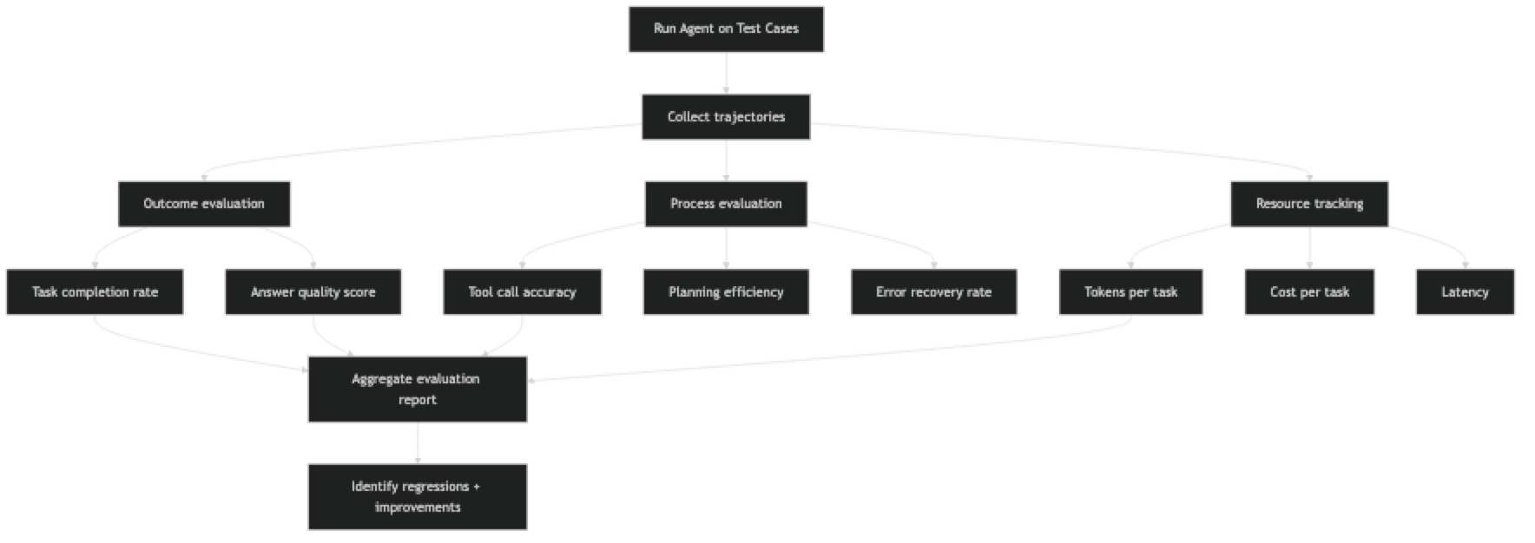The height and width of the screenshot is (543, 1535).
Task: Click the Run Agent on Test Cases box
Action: click(726, 29)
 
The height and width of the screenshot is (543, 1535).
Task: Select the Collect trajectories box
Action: click(726, 117)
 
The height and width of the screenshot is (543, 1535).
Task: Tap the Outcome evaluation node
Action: click(204, 204)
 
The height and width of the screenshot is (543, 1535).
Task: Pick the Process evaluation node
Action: click(726, 204)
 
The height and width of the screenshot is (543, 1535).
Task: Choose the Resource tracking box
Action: click(1309, 204)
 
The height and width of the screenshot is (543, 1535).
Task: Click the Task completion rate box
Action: click(95, 292)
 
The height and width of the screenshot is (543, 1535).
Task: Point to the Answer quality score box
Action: click(313, 292)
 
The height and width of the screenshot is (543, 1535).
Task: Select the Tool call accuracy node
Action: click(523, 292)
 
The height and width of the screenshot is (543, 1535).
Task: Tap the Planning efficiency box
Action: click(726, 292)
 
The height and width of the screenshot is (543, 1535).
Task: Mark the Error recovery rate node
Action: click(933, 292)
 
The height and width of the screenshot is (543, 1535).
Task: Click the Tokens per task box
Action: click(1130, 292)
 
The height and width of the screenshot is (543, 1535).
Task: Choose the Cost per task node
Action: click(1309, 292)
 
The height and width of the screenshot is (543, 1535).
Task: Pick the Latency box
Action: click(1465, 292)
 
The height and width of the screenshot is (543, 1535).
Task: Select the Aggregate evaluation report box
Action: click(417, 389)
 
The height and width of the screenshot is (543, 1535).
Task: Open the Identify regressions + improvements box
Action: click(417, 497)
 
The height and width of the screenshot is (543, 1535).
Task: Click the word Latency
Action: click(1465, 292)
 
